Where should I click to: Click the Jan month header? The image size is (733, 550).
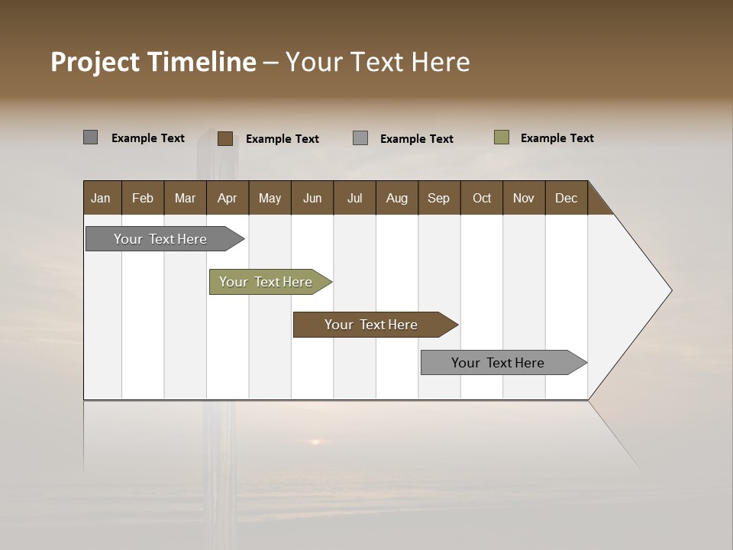point(101,198)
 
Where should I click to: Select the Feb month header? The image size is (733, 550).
point(143,198)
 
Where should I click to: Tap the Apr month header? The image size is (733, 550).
point(227,198)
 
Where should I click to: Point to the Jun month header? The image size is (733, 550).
point(312,198)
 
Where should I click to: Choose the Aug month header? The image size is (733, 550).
point(396,198)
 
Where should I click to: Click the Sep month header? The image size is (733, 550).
point(438,198)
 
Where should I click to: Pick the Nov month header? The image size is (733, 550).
point(523,198)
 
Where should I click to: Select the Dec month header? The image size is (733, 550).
point(566,198)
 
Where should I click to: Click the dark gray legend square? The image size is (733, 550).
point(91,137)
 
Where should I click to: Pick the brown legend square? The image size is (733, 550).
point(225,138)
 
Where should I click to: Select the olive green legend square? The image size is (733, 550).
point(502,137)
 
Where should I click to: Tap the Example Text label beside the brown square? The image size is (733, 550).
point(282,139)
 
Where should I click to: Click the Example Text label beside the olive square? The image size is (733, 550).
point(557,138)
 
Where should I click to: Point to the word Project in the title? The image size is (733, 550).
point(95,62)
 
